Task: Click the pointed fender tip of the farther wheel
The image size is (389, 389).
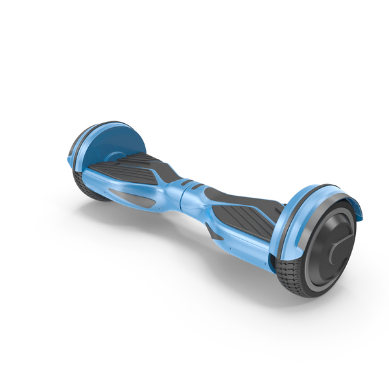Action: coord(70,159)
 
